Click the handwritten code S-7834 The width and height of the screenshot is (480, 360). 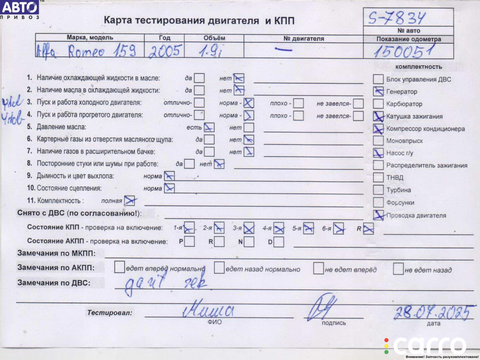(x=396, y=18)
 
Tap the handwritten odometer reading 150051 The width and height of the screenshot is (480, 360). (x=403, y=52)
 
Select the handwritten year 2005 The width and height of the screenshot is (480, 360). (x=165, y=52)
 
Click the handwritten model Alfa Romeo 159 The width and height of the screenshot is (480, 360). (x=86, y=51)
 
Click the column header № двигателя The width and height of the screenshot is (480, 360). (x=304, y=39)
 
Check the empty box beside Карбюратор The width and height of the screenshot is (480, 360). (x=378, y=104)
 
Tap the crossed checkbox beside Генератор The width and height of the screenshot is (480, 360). (x=378, y=92)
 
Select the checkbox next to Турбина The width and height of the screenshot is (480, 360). (x=378, y=190)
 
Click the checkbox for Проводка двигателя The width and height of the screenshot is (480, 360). (x=378, y=215)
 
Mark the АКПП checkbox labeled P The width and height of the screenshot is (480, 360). (x=190, y=242)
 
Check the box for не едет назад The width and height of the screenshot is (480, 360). (x=398, y=268)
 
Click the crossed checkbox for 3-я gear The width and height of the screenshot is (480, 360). (x=249, y=228)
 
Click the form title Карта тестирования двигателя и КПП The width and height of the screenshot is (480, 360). (x=199, y=20)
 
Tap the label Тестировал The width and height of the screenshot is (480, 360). (x=109, y=313)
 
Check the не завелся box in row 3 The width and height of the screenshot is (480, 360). (x=358, y=104)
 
